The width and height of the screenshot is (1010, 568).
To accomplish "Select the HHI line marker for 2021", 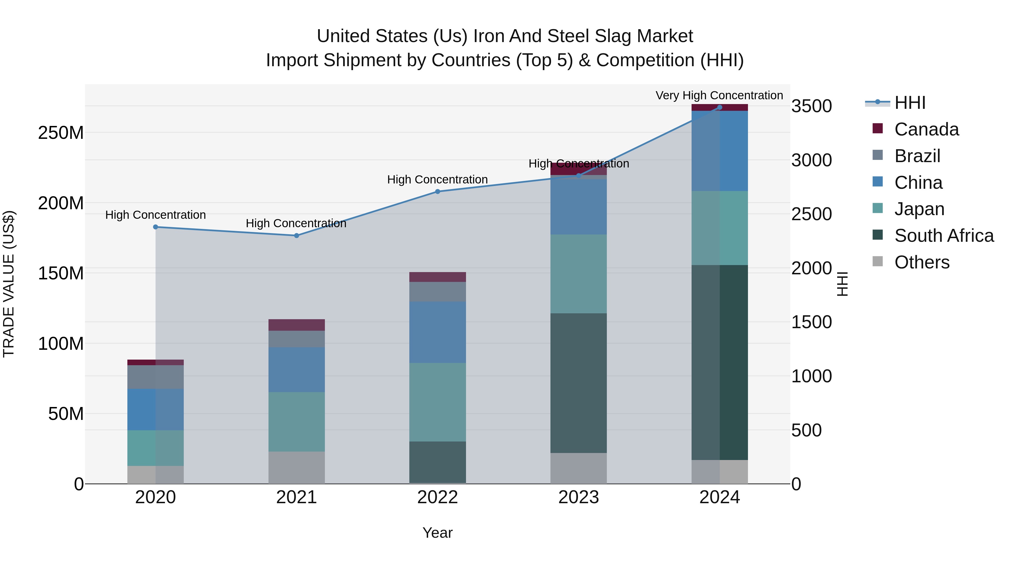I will click(x=297, y=236).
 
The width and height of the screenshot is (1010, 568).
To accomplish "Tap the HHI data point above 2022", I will click(x=438, y=192).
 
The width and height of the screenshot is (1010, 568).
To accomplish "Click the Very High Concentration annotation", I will click(x=719, y=96).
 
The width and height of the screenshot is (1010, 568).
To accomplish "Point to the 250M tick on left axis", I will click(x=61, y=133).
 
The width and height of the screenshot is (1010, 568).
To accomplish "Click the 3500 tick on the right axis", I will click(x=811, y=106).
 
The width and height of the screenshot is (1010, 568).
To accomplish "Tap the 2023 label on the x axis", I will click(x=578, y=497).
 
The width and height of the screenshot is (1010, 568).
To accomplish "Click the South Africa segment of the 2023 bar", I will click(x=578, y=383).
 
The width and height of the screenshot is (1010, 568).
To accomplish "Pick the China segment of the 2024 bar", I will click(x=719, y=151).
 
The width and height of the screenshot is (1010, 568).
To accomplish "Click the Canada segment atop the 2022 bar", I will click(x=438, y=277).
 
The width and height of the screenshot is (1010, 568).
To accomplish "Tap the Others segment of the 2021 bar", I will click(x=297, y=467).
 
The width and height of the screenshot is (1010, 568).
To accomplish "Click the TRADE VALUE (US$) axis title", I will click(x=9, y=284).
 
